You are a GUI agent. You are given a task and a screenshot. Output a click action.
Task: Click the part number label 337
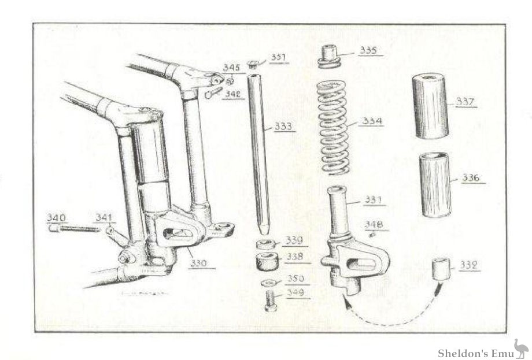(465, 102)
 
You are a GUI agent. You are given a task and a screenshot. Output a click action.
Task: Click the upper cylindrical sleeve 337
(430, 105)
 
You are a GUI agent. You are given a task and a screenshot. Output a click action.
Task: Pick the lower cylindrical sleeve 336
(435, 183)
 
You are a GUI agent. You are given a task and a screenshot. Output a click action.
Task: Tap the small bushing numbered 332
(442, 269)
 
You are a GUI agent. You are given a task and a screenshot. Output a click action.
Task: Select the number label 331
(372, 200)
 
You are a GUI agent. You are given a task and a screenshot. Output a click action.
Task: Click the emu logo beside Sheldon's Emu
(520, 349)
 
